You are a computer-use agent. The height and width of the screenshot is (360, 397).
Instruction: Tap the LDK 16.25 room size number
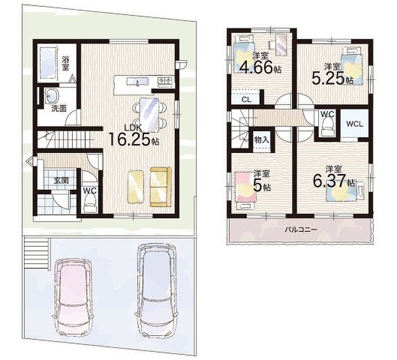pos(130,139)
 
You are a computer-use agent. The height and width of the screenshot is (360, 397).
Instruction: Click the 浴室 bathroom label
pos(65,64)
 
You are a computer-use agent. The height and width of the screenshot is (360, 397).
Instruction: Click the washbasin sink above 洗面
pos(52,96)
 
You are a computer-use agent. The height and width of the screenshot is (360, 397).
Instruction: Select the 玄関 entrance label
pos(61,181)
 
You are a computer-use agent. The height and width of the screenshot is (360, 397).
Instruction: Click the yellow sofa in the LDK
pos(160,187)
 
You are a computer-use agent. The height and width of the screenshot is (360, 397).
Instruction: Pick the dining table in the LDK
pos(149,115)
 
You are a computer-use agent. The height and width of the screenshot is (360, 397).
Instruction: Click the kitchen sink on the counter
pos(138,81)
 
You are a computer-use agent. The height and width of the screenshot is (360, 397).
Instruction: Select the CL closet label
pos(246,99)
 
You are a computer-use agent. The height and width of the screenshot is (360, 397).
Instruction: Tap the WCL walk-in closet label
pos(354,124)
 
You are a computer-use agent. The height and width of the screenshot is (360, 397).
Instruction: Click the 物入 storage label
pos(262,140)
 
